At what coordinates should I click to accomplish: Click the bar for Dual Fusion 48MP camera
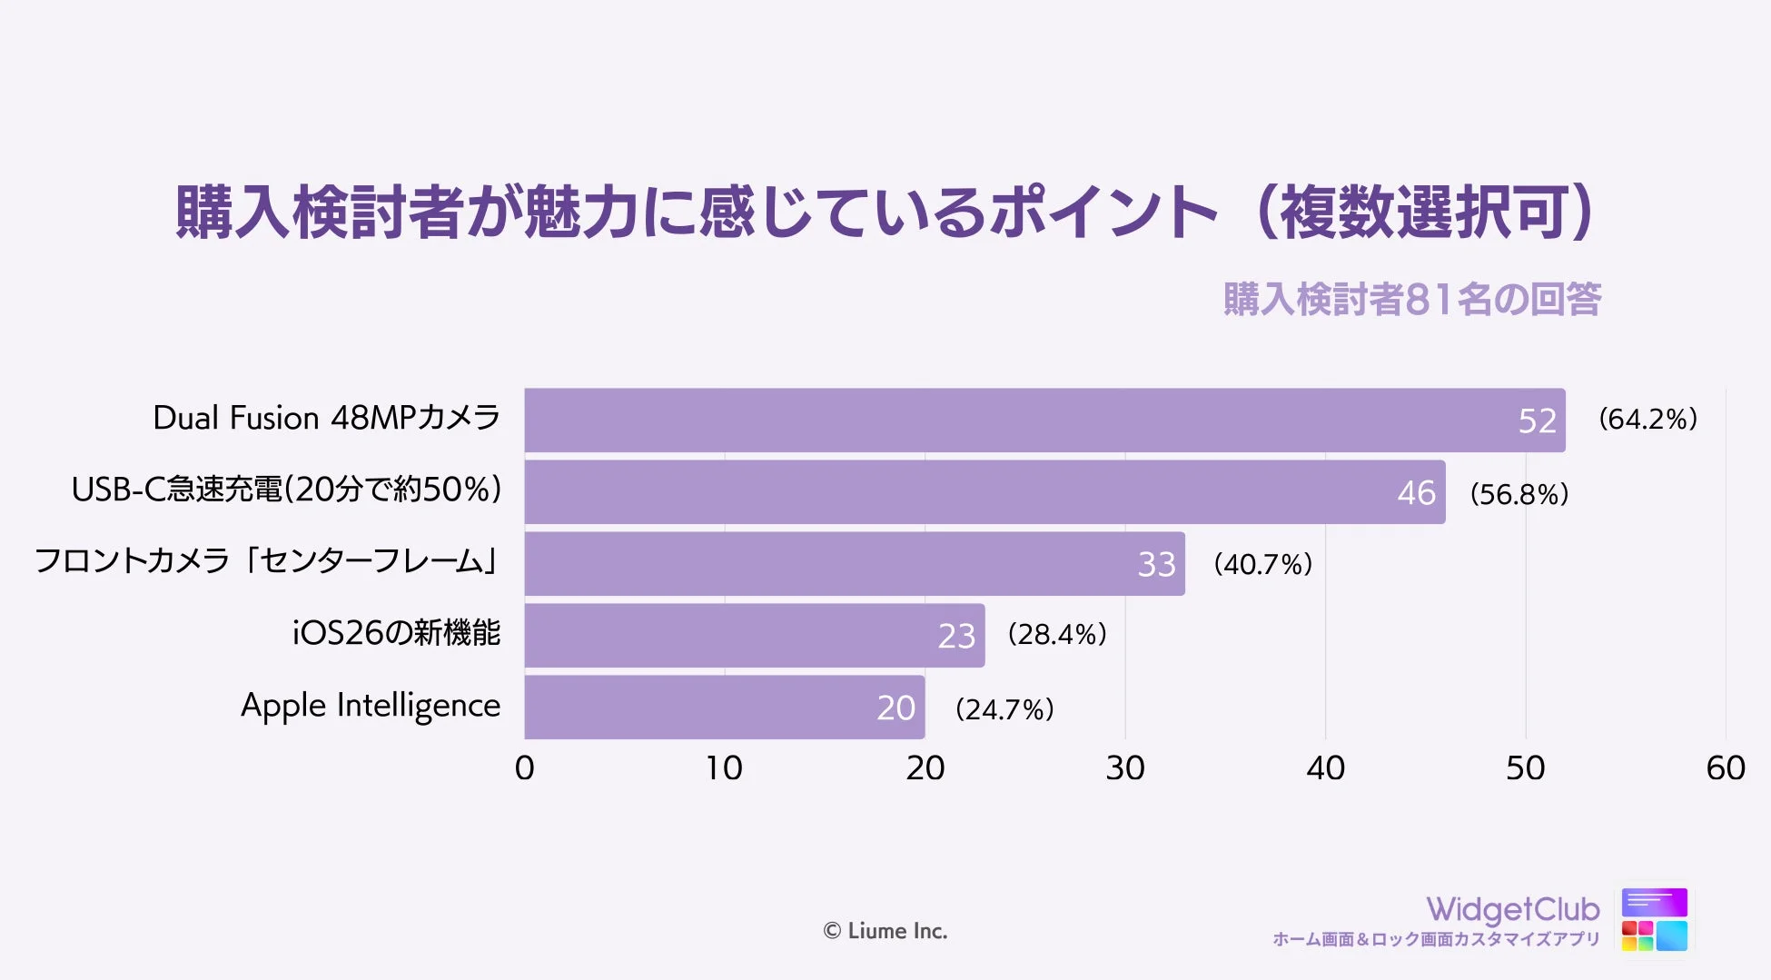pyautogui.click(x=1044, y=420)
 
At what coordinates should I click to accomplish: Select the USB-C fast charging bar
pyautogui.click(x=984, y=491)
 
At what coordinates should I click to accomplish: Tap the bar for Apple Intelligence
pyautogui.click(x=724, y=707)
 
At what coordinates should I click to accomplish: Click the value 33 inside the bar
pyautogui.click(x=1156, y=564)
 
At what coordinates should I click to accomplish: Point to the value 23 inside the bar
pyautogui.click(x=956, y=636)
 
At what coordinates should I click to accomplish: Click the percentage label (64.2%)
pyautogui.click(x=1647, y=419)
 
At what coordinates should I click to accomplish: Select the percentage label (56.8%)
pyautogui.click(x=1519, y=494)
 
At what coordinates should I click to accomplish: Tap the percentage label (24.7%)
pyautogui.click(x=1004, y=708)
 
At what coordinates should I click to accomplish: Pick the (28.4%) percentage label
pyautogui.click(x=1057, y=634)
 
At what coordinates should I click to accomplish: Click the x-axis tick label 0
pyautogui.click(x=524, y=768)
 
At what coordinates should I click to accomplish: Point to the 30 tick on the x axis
pyautogui.click(x=1125, y=768)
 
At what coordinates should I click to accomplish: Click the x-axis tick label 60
pyautogui.click(x=1726, y=768)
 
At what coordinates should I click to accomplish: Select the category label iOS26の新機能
pyautogui.click(x=396, y=633)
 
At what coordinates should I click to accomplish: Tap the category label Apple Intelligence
pyautogui.click(x=370, y=706)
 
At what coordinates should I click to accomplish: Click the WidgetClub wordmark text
pyautogui.click(x=1512, y=908)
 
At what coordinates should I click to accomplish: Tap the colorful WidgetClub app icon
pyautogui.click(x=1654, y=919)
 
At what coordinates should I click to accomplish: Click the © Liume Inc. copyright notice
pyautogui.click(x=885, y=931)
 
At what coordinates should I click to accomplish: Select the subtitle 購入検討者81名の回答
pyautogui.click(x=1411, y=300)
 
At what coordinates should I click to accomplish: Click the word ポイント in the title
pyautogui.click(x=1103, y=213)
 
